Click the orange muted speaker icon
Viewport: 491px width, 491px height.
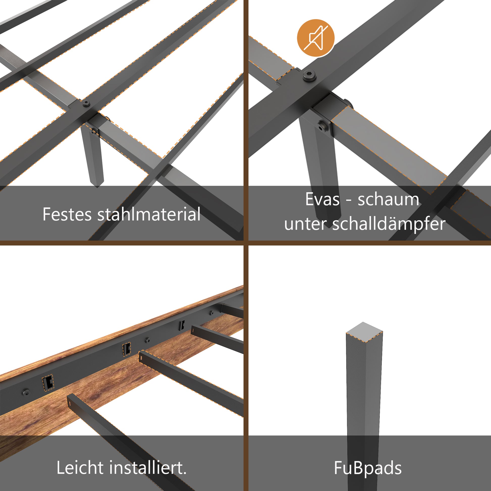316,38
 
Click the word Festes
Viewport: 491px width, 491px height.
67,214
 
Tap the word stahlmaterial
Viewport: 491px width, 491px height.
149,214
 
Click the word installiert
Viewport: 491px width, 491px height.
148,468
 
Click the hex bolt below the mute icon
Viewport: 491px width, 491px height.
310,75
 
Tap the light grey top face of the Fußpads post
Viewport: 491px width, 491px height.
364,332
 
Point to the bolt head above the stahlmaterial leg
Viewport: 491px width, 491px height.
86,103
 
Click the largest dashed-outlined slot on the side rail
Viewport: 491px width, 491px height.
47,383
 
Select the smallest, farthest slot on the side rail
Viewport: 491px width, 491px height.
182,325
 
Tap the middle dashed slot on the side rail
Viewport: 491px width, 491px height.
126,349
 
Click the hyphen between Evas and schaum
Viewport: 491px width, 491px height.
349,200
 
